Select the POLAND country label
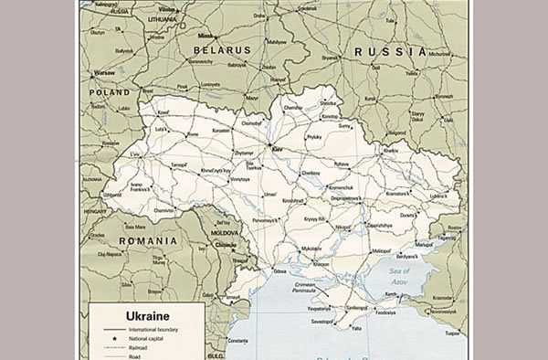[110, 92]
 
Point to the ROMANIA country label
[148, 240]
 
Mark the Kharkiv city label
[391, 149]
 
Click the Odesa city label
[278, 270]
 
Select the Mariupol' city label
[424, 244]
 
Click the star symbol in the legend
[115, 338]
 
